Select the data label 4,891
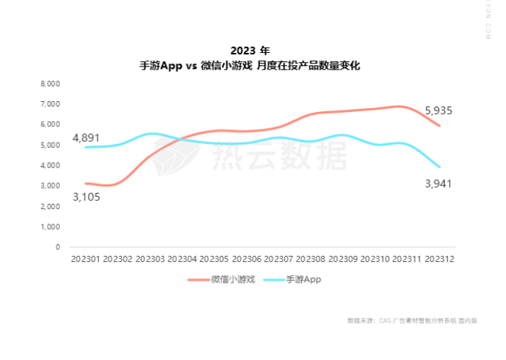(86, 138)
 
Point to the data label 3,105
(86, 197)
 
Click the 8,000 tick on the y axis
(50, 83)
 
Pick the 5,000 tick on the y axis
(50, 145)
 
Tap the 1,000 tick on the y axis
(50, 227)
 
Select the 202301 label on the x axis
(85, 260)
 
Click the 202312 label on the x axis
(439, 260)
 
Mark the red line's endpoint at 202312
(439, 126)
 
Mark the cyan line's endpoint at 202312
(439, 166)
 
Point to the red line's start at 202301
(85, 184)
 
